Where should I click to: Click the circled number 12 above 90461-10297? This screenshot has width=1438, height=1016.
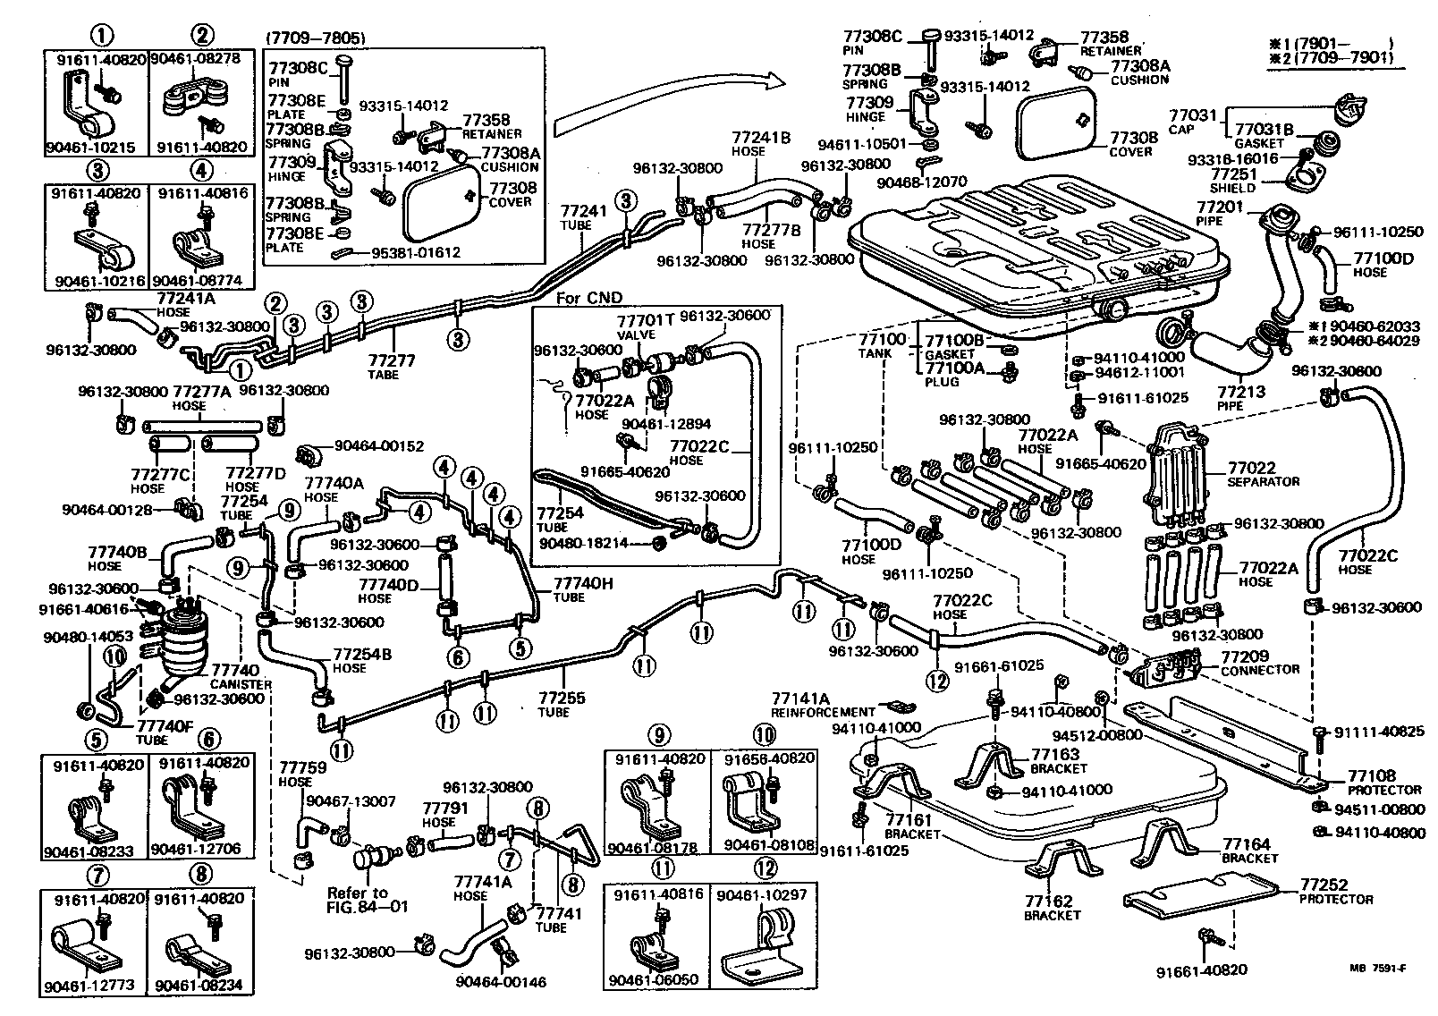point(766,868)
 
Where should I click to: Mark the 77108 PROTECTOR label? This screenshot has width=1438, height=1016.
point(1372,776)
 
